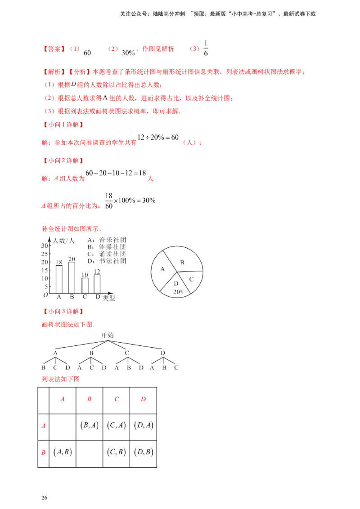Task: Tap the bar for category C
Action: [x=84, y=284]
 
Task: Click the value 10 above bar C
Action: [x=84, y=274]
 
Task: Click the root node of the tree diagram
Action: [x=108, y=335]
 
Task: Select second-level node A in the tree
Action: [x=54, y=353]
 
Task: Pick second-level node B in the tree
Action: [x=90, y=353]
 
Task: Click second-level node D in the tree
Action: [x=163, y=353]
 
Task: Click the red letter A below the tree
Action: [x=63, y=399]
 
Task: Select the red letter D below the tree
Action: [x=143, y=399]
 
